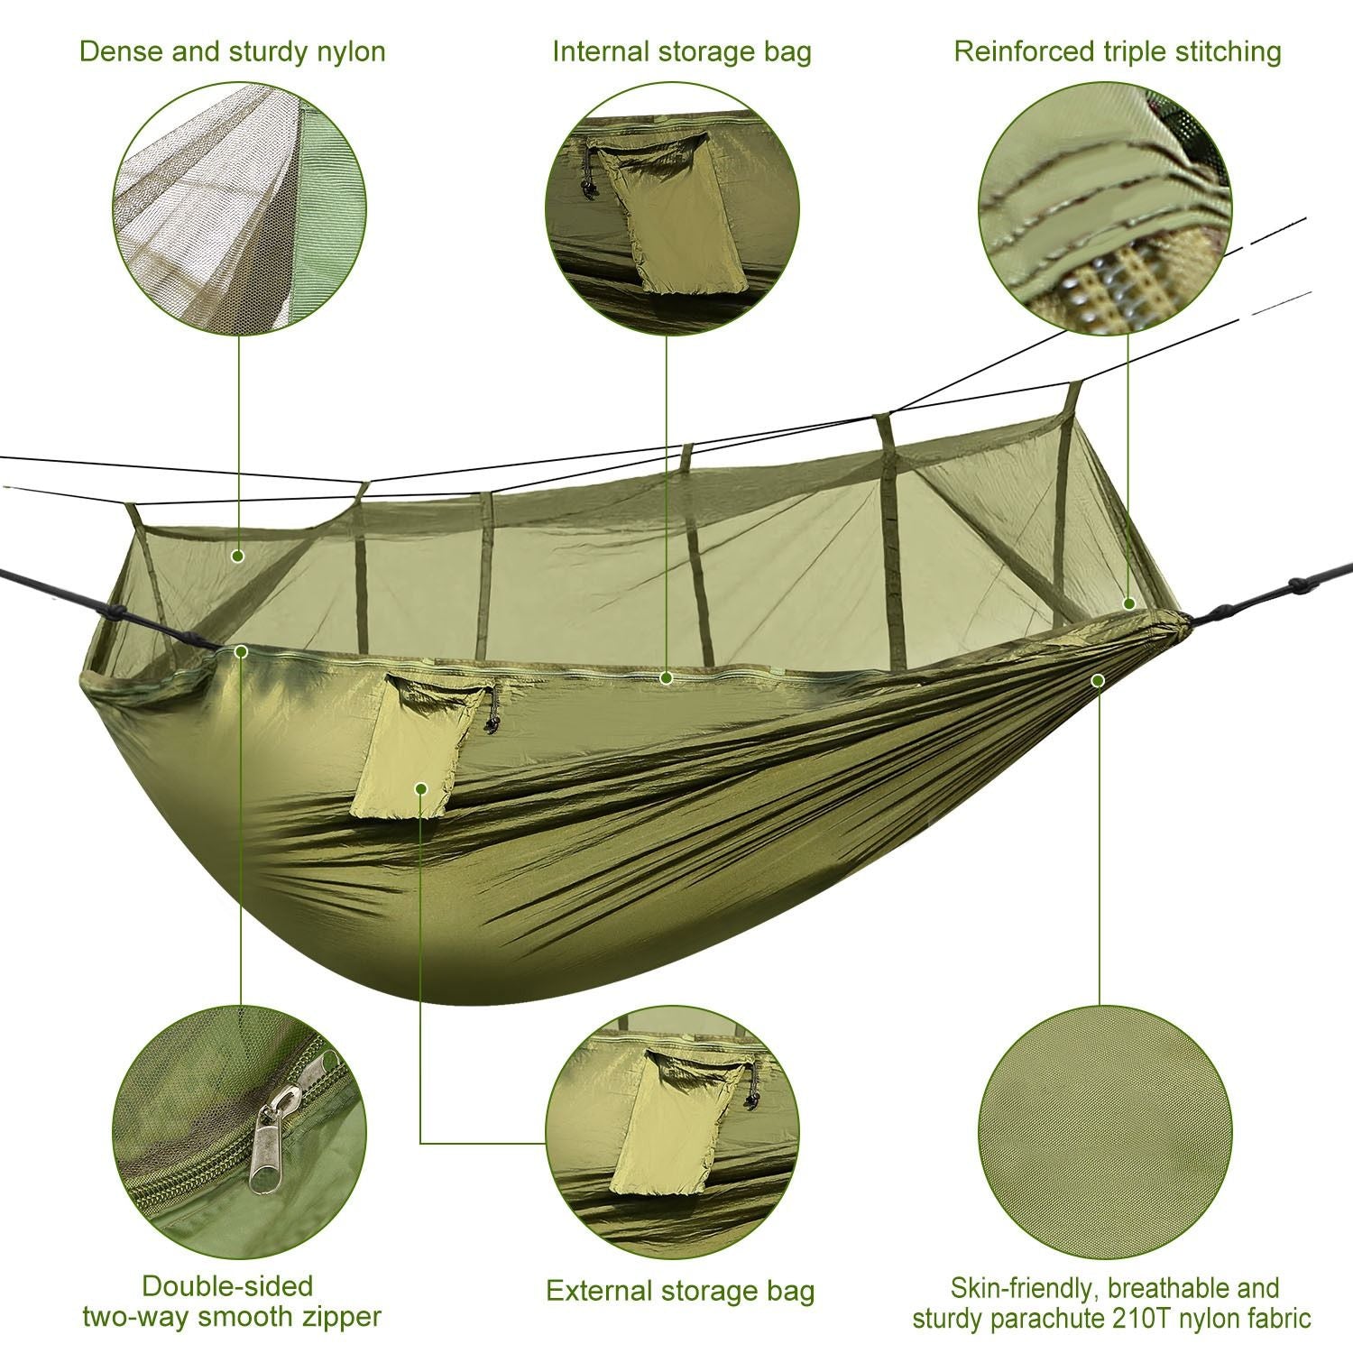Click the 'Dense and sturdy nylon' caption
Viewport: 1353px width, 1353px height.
[x=233, y=51]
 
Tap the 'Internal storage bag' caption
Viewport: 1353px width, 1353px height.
[x=682, y=51]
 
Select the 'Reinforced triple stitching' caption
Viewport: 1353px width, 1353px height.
[x=1118, y=51]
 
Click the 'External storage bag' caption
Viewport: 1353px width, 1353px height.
[x=680, y=1291]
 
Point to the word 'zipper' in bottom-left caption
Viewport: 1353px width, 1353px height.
[x=334, y=1317]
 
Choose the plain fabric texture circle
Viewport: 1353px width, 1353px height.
[x=1105, y=1133]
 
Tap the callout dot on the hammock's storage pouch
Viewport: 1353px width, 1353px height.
[x=421, y=788]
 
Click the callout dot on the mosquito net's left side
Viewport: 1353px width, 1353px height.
[x=238, y=556]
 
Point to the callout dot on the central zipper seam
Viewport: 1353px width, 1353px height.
[x=667, y=677]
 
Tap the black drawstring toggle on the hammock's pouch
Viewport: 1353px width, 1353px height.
[x=492, y=723]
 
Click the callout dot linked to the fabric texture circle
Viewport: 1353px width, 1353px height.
[x=1098, y=680]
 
